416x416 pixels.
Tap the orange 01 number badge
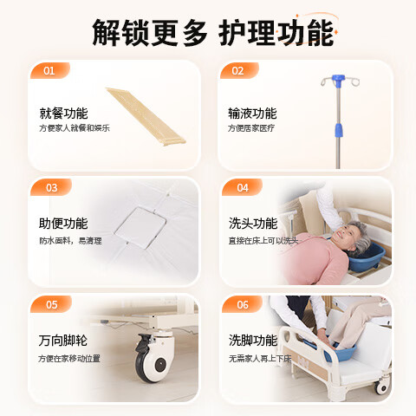click(x=49, y=71)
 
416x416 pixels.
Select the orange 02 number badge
click(x=239, y=71)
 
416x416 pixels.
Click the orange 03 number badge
click(x=51, y=187)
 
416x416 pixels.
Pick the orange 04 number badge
click(x=242, y=187)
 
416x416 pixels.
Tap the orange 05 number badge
click(x=51, y=304)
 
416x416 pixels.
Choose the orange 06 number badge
click(x=242, y=304)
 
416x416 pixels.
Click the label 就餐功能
click(x=63, y=113)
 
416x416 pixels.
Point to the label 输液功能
click(x=252, y=113)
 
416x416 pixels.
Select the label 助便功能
click(x=63, y=223)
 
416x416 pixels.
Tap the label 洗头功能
click(x=253, y=223)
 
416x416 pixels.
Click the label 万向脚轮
click(x=63, y=340)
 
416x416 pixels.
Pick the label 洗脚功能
click(x=253, y=340)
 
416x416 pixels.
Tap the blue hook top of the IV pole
click(x=337, y=81)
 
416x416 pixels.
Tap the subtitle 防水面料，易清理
click(x=70, y=241)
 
